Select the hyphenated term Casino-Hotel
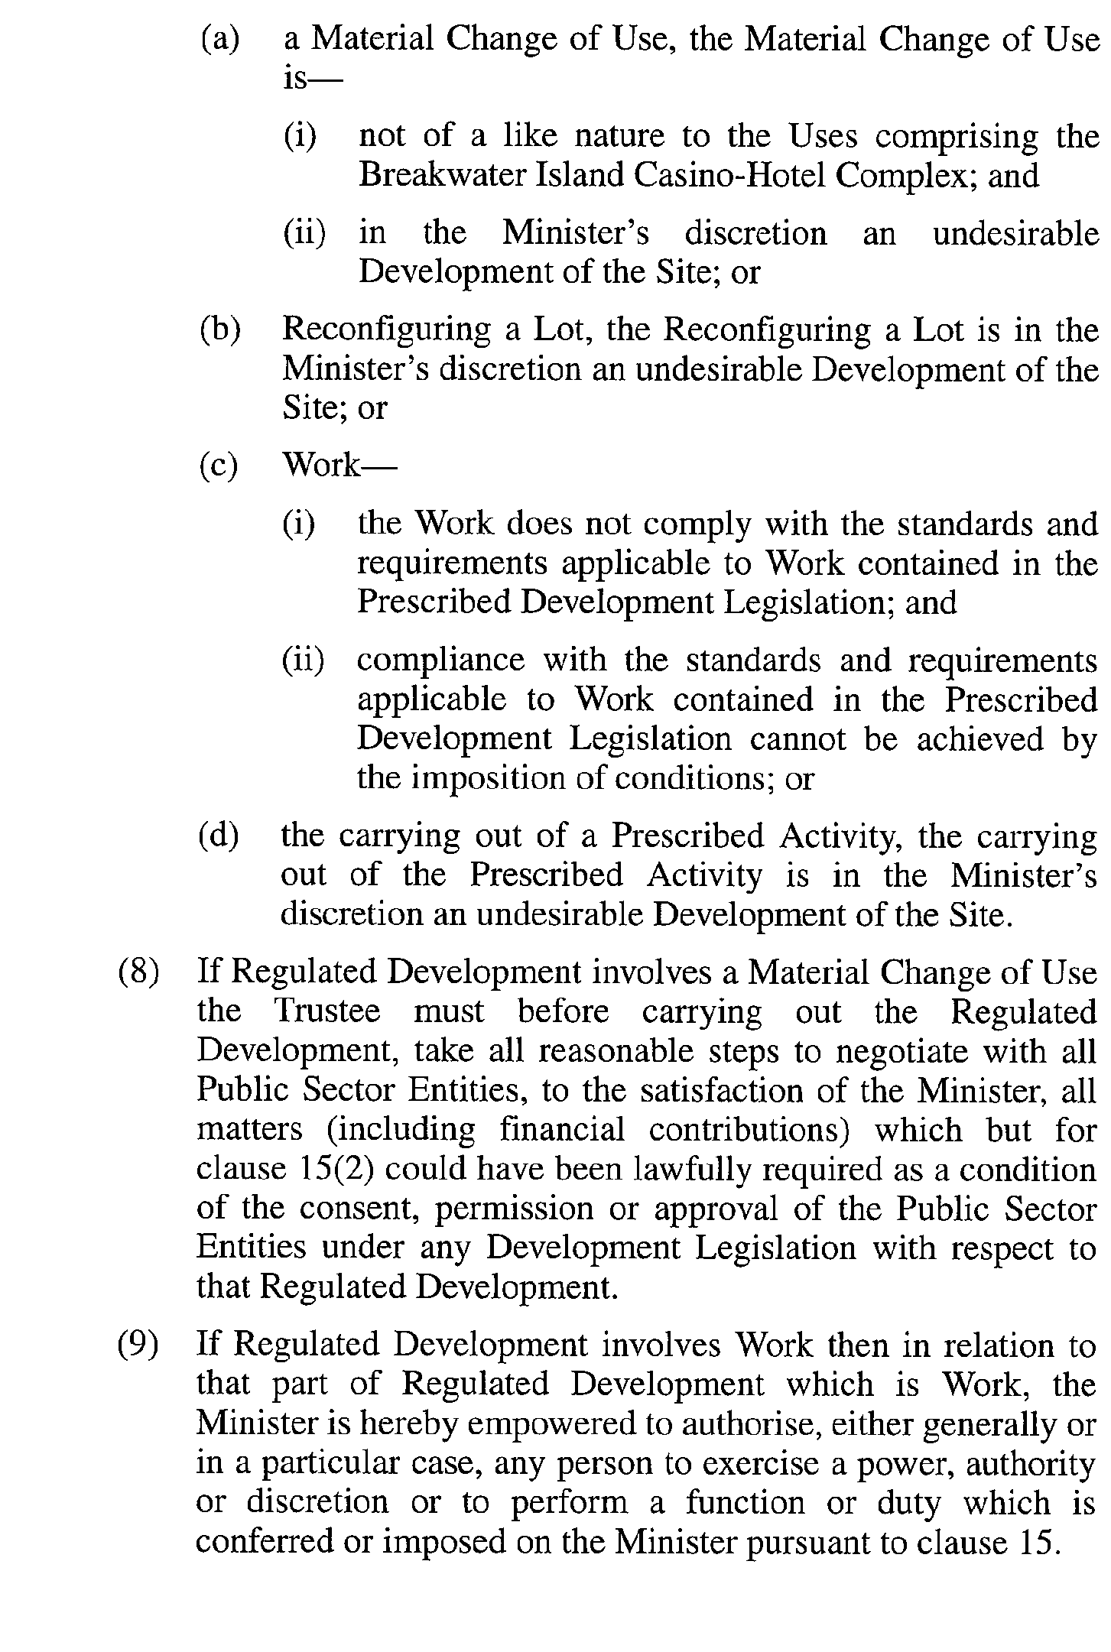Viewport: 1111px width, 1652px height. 729,176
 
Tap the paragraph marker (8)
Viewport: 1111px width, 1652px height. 138,972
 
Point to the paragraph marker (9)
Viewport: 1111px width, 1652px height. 138,1345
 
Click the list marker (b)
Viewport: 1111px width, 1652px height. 219,330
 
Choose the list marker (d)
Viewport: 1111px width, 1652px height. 219,836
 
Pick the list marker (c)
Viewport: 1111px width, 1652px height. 219,465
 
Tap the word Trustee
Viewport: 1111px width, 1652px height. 327,1011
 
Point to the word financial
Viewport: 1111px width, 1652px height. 562,1130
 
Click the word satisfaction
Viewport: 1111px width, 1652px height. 721,1091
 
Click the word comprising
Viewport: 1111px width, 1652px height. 957,137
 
